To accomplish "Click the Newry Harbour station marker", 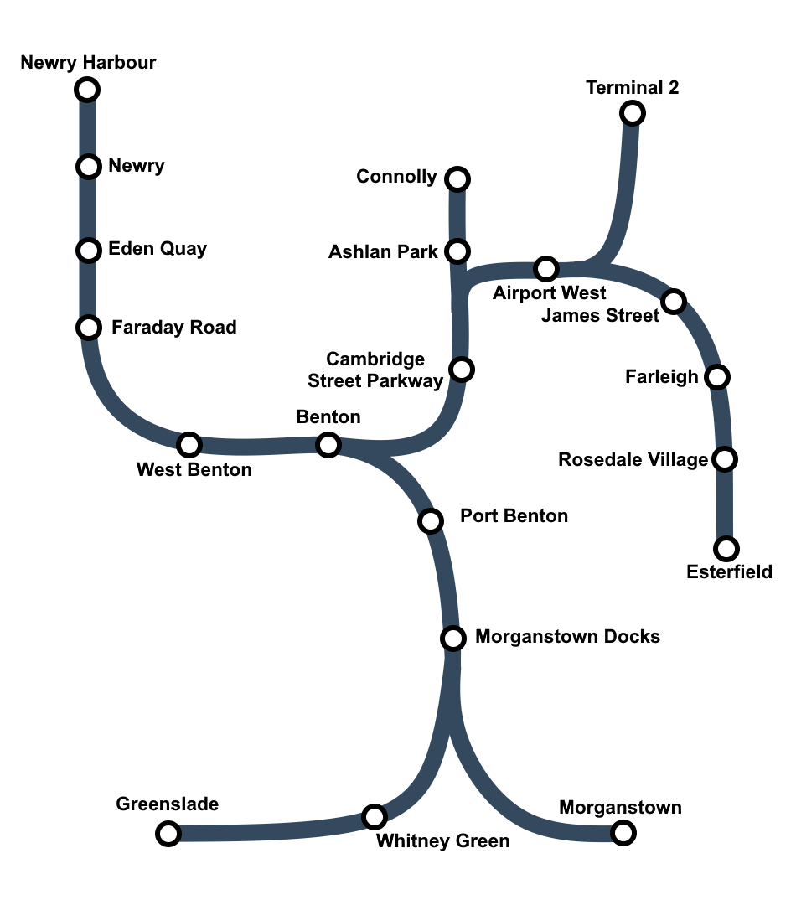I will [87, 89].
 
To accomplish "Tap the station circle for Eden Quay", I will [88, 251].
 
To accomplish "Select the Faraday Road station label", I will [174, 327].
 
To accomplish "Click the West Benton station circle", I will [189, 444].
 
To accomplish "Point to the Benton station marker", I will [328, 444].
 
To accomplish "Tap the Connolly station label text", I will [396, 177].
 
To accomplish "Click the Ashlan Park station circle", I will [457, 251].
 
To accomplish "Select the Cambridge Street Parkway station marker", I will [462, 369].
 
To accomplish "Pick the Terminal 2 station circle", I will [633, 112].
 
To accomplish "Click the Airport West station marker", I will [546, 269].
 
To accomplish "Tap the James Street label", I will [601, 316].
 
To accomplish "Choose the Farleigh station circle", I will [716, 377].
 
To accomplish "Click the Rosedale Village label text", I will [633, 460].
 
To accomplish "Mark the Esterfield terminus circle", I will [726, 549].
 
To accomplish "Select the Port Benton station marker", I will [430, 521].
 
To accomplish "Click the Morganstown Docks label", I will [567, 637].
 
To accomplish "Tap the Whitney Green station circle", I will [374, 816].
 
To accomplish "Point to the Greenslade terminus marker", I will [168, 833].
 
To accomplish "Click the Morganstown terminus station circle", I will [623, 833].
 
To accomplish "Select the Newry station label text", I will [137, 166].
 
